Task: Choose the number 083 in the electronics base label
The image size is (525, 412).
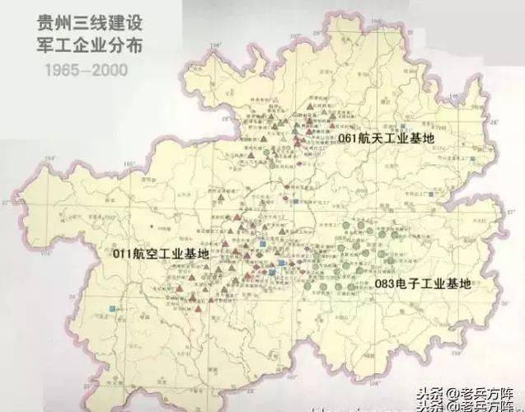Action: tap(385, 284)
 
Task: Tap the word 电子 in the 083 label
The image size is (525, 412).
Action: tap(409, 284)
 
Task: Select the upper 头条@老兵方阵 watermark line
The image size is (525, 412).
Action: tap(467, 393)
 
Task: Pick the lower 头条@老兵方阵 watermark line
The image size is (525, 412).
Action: tap(467, 405)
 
